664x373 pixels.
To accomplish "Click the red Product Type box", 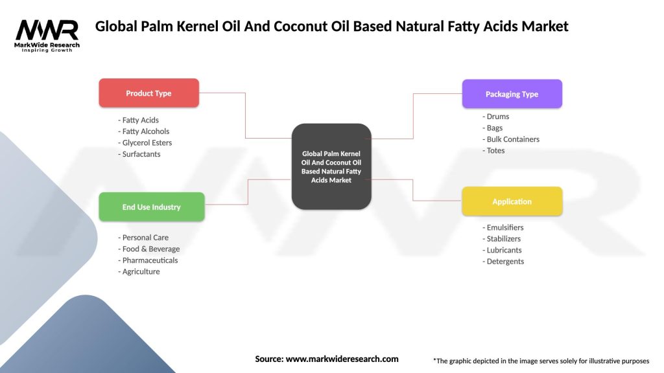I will click(x=148, y=93).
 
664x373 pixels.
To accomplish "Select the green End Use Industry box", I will click(x=151, y=207).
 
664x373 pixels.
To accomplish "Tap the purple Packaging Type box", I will click(x=512, y=94).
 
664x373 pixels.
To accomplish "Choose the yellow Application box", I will click(x=512, y=201).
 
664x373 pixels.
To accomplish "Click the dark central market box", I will click(x=331, y=166).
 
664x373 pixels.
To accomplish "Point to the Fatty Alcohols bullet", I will click(x=145, y=131).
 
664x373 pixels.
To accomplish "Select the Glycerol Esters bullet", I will click(x=147, y=142).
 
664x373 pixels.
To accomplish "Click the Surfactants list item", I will click(x=141, y=154).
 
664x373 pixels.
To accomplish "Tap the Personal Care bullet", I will click(x=145, y=238).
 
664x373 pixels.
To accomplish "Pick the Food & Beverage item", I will click(x=150, y=249).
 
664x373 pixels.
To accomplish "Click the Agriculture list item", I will click(x=141, y=271).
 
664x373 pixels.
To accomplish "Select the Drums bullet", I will click(x=497, y=117).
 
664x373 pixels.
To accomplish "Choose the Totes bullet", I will click(x=495, y=150).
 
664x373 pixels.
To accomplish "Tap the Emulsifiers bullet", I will click(x=504, y=227).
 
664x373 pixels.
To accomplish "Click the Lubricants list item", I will click(x=504, y=250).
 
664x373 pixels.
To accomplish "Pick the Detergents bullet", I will click(x=504, y=262).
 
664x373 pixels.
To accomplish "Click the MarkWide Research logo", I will click(x=47, y=35).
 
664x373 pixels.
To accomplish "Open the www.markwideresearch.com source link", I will click(x=342, y=359).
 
